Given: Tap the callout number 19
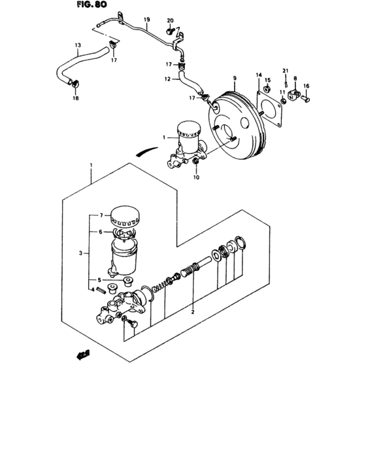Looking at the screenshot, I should click(x=147, y=20).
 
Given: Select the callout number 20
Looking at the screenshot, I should click(x=170, y=21).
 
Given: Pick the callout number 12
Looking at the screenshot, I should click(x=167, y=80).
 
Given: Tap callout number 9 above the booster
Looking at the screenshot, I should click(x=233, y=78).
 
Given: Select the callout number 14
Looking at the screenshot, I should click(x=259, y=76).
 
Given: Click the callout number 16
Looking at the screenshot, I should click(x=307, y=86).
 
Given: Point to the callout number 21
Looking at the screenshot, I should click(x=285, y=70).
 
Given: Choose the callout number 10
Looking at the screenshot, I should click(x=197, y=177).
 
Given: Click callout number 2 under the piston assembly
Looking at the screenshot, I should click(x=193, y=312).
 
